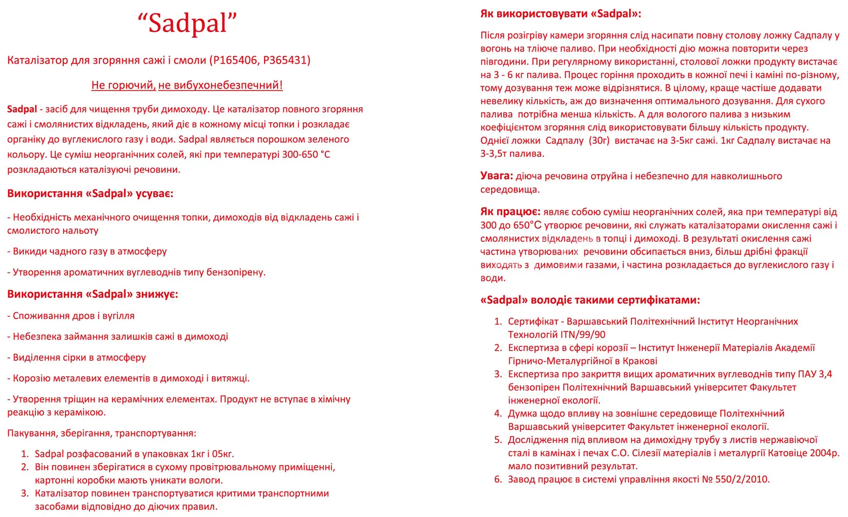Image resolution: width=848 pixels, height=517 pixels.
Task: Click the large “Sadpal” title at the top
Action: pos(187,23)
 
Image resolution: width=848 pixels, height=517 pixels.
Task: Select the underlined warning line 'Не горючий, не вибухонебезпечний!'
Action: pos(187,85)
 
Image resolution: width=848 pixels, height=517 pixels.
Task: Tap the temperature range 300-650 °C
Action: pos(299,154)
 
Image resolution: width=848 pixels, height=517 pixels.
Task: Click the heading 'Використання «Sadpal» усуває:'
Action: pos(90,194)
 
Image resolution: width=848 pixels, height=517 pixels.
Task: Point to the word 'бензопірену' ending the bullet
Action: pos(236,272)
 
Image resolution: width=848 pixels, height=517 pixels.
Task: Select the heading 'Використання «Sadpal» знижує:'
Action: pos(93,294)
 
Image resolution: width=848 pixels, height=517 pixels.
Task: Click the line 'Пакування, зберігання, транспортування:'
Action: pos(102,433)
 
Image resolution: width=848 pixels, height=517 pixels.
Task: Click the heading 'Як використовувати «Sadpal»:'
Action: pos(561,14)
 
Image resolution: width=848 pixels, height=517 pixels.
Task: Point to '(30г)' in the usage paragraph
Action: pos(599,141)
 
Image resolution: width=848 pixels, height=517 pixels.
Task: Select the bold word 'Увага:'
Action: pos(497,176)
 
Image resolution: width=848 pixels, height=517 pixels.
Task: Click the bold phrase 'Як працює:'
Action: pos(510,212)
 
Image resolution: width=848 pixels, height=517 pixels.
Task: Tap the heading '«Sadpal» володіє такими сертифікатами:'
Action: pos(590,300)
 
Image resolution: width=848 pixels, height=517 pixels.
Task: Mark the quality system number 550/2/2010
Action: pos(742,480)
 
